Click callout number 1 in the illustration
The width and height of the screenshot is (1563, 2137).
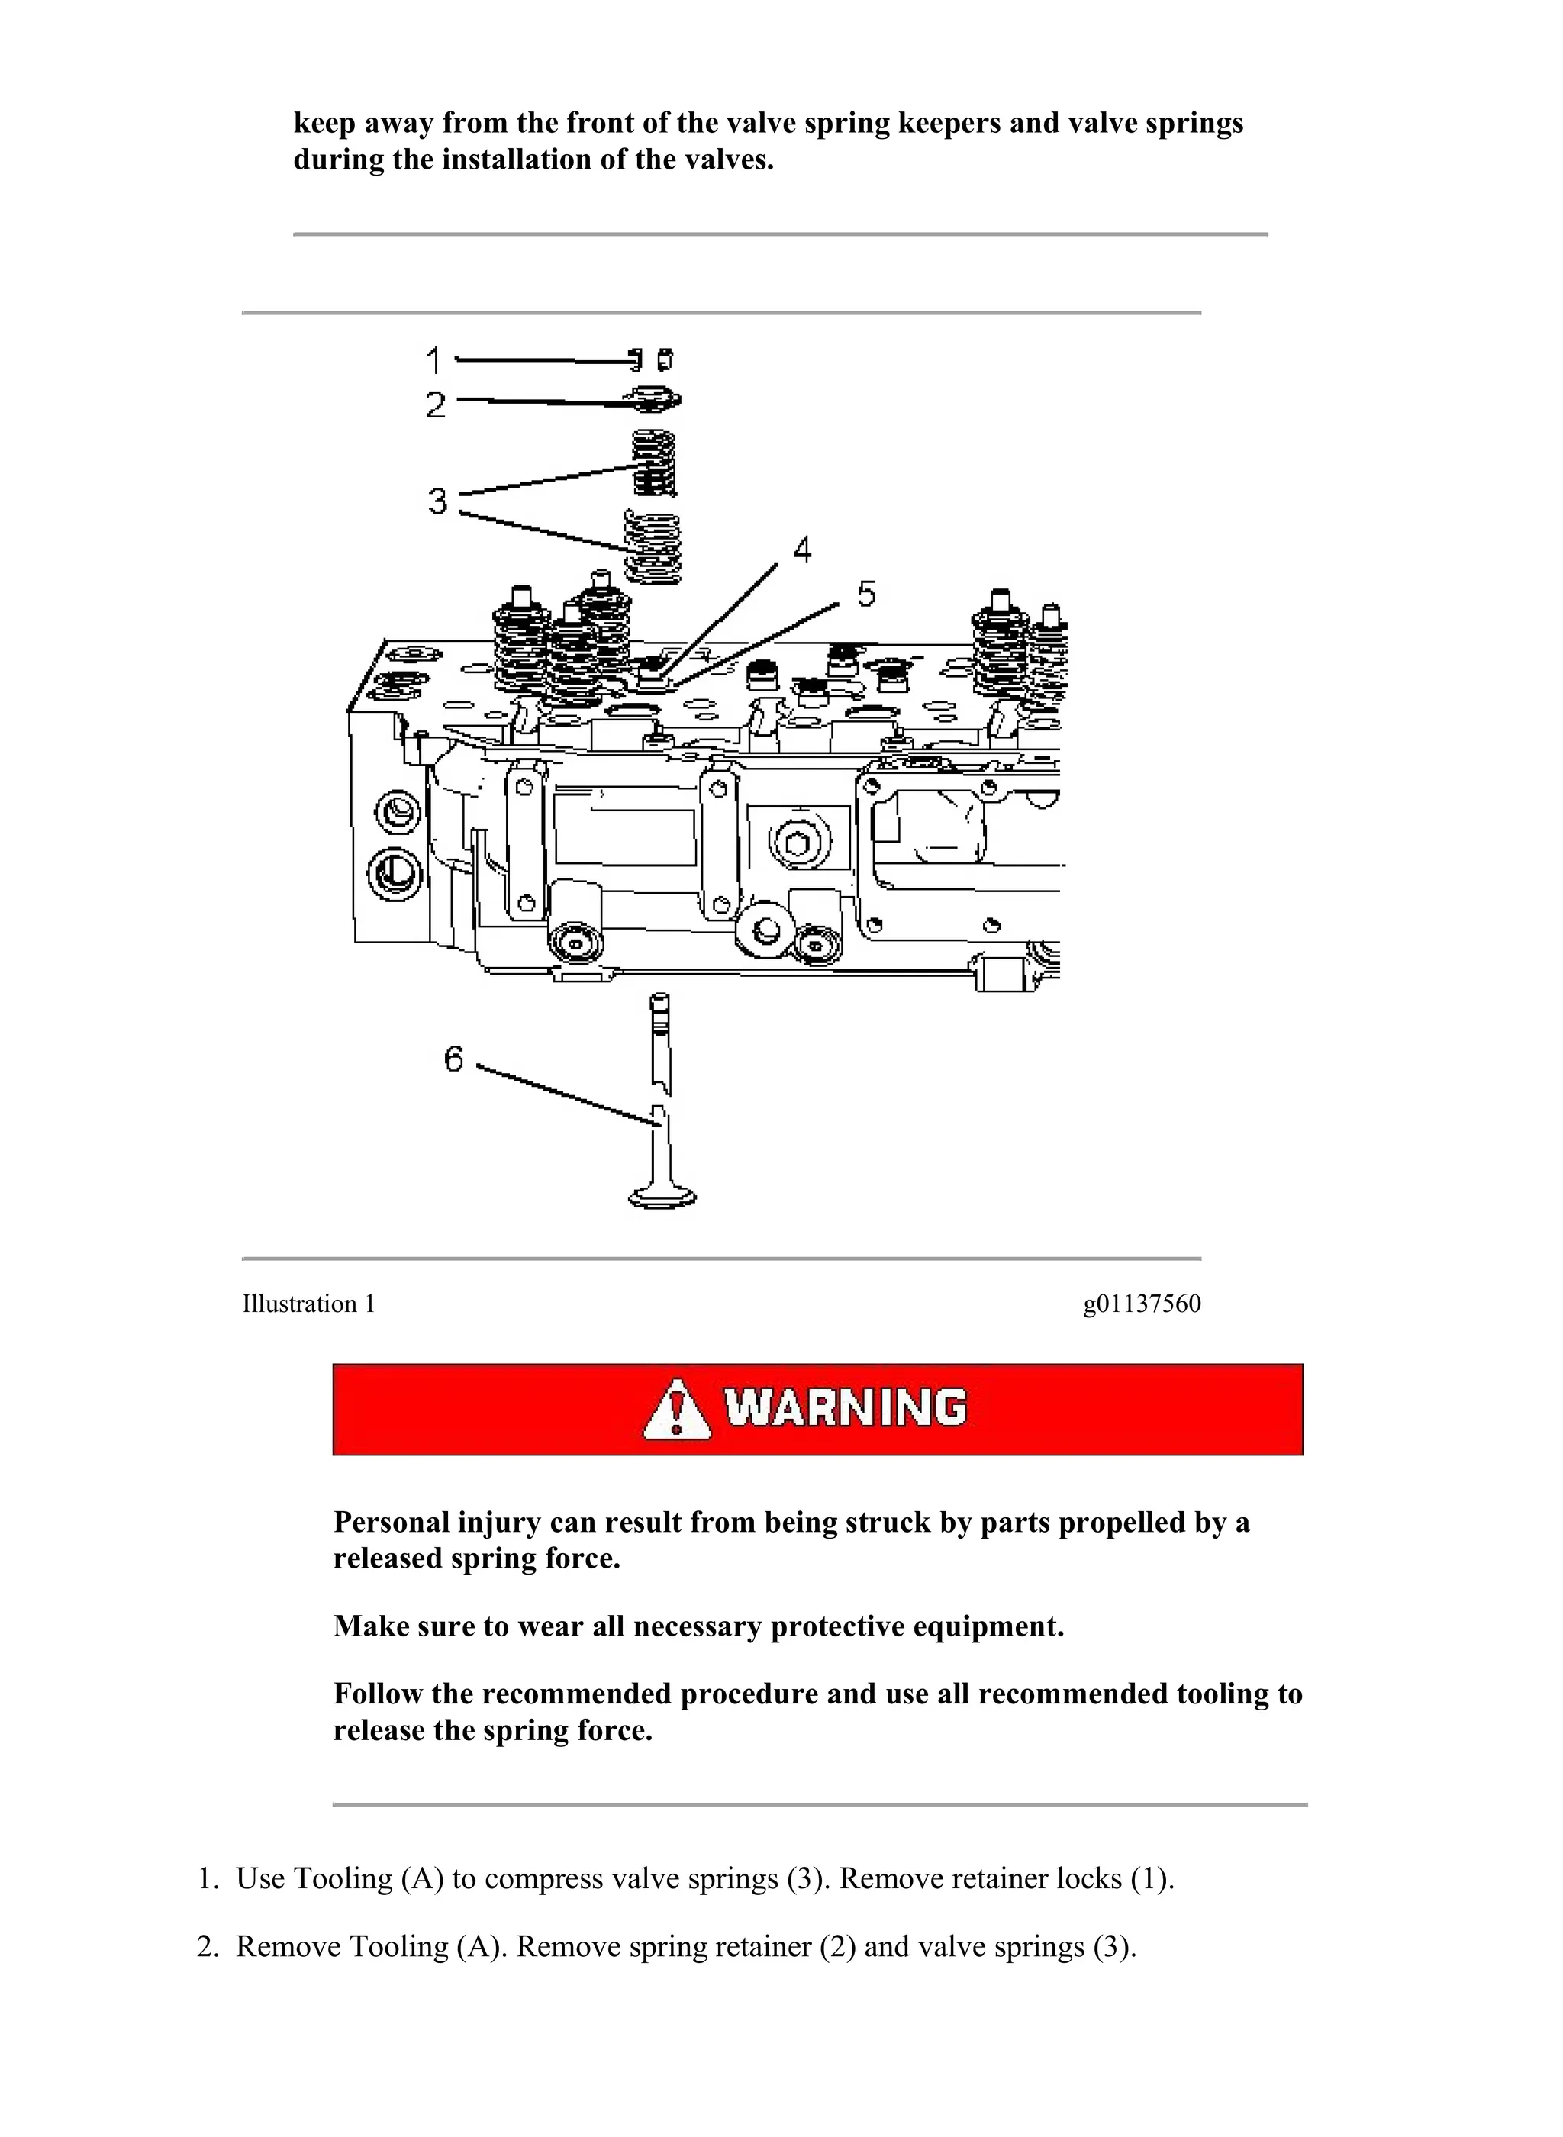point(433,359)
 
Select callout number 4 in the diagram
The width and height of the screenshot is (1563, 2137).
point(801,550)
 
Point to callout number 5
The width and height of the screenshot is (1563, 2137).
point(865,593)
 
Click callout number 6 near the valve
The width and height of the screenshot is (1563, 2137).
point(454,1058)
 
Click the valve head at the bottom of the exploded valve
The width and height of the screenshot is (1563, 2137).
point(662,1197)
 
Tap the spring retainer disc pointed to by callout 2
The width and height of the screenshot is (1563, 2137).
point(654,400)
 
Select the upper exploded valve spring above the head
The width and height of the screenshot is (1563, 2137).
point(654,463)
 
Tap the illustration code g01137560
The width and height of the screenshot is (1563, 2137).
point(1141,1304)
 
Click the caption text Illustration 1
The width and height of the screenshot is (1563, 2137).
point(308,1304)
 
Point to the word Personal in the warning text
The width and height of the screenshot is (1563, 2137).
point(391,1522)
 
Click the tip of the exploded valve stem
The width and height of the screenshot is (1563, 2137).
point(659,1001)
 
